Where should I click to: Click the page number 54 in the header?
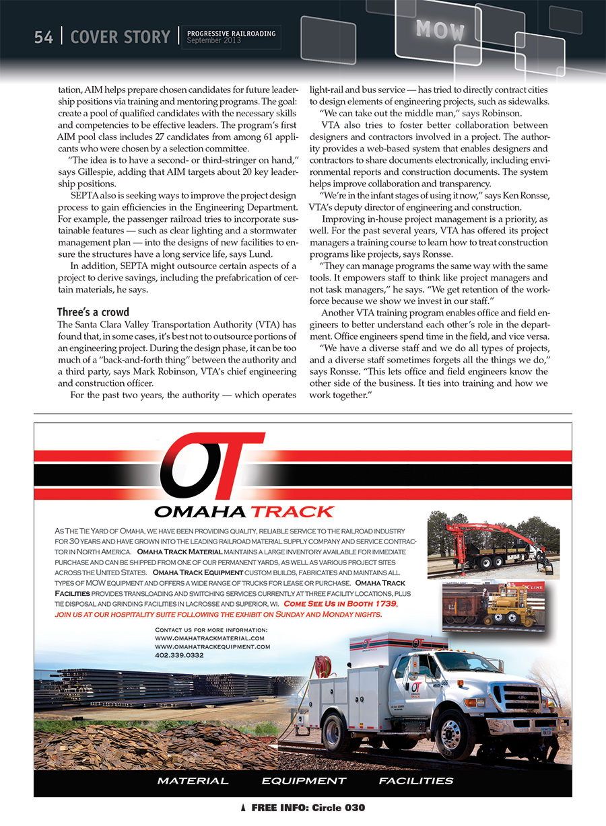click(x=43, y=37)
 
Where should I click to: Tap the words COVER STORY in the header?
click(x=120, y=37)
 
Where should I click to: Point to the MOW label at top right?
click(x=440, y=30)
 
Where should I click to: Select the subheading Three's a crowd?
click(x=93, y=312)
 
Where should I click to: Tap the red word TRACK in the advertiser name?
click(x=292, y=512)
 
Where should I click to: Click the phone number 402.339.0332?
click(x=179, y=654)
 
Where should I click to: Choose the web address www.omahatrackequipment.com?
click(x=213, y=646)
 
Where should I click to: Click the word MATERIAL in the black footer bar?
click(x=193, y=781)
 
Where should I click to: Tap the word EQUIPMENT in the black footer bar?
click(x=304, y=781)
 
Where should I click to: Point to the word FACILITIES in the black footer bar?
click(x=415, y=781)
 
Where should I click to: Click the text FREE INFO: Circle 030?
click(x=308, y=807)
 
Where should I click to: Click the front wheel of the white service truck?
click(x=450, y=733)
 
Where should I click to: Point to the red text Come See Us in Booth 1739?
click(x=341, y=603)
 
